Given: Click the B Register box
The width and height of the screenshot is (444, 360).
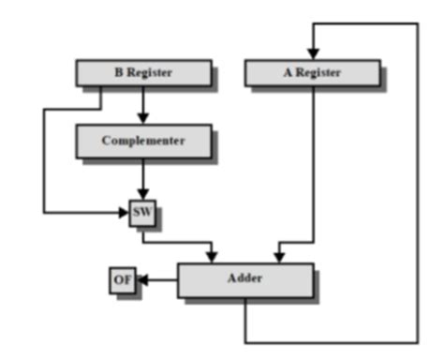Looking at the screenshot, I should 142,72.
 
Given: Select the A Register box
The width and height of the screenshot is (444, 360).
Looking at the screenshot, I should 312,72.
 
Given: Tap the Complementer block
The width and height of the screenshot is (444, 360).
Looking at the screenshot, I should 142,141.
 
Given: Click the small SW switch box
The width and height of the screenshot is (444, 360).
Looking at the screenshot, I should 141,214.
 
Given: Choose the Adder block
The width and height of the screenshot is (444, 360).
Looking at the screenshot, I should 245,279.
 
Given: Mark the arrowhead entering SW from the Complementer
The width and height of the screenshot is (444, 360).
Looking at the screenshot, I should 142,195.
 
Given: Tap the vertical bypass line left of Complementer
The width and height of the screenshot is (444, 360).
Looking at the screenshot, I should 44,159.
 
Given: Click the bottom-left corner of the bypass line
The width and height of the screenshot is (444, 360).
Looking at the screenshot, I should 44,213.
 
